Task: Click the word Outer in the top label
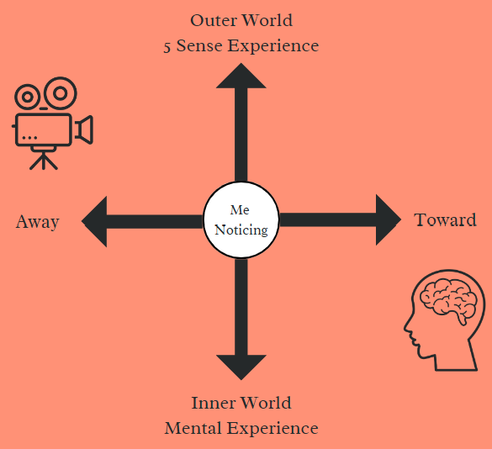click(x=214, y=20)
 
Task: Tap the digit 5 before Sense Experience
click(x=167, y=47)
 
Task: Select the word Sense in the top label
click(x=199, y=45)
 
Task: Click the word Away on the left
click(x=38, y=222)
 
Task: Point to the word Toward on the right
click(x=445, y=219)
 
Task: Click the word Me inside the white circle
click(x=240, y=210)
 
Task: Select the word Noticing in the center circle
click(x=241, y=230)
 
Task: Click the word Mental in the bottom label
click(x=193, y=428)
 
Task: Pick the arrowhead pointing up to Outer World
click(x=241, y=77)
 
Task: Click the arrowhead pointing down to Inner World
click(x=241, y=367)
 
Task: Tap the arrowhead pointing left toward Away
click(x=94, y=221)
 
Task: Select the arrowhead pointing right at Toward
click(x=389, y=219)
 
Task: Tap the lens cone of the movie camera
click(x=84, y=129)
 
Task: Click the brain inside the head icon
click(x=448, y=300)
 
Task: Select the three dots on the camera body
click(x=29, y=137)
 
